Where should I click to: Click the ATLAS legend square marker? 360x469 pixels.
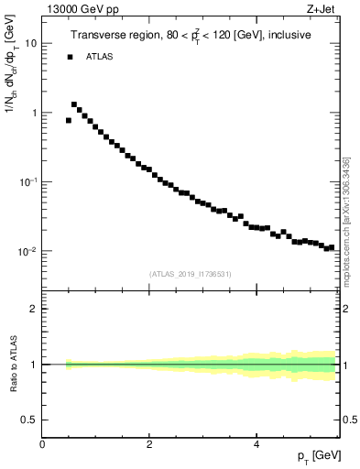tap(70, 57)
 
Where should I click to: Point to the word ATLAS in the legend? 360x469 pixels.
tap(100, 57)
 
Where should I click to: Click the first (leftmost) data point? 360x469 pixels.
tap(69, 120)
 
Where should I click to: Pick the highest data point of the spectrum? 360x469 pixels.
tap(74, 104)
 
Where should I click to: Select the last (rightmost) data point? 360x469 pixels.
tap(332, 247)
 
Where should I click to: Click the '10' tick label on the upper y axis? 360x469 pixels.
tap(32, 44)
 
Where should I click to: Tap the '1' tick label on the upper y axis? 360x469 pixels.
tap(35, 114)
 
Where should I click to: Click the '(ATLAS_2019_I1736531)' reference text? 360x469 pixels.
tap(191, 273)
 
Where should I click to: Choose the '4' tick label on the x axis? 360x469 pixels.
tap(257, 443)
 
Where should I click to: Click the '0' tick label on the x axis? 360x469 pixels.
tap(43, 443)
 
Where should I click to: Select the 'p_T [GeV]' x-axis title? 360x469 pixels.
tap(319, 456)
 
